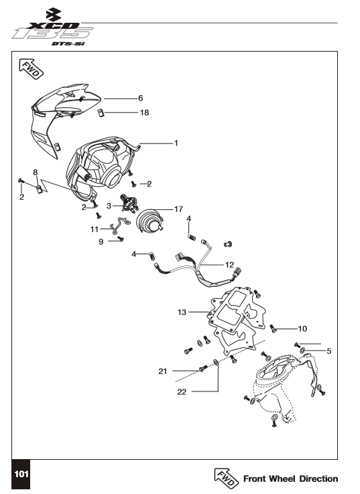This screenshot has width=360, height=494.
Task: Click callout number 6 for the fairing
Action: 141,99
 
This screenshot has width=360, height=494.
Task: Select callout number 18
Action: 144,113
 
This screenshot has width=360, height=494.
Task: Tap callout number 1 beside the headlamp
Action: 176,143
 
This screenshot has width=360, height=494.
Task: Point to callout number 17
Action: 178,209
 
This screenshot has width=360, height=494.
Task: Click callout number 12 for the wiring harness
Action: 229,265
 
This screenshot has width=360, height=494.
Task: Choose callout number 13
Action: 182,312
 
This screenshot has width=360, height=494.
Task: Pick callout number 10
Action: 302,328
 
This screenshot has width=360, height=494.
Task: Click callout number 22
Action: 182,391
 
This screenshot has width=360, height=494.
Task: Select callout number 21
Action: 163,371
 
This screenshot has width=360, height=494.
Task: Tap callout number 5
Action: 329,351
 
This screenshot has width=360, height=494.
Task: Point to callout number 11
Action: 95,229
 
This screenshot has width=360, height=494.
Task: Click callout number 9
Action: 101,242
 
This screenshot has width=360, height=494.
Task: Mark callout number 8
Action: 36,172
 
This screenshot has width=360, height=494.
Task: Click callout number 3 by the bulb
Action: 109,206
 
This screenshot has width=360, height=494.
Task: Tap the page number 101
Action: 21,474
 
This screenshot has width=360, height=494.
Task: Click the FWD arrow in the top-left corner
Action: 32,68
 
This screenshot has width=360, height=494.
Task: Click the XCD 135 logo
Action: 53,27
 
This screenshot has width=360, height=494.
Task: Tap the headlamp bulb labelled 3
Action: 129,203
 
